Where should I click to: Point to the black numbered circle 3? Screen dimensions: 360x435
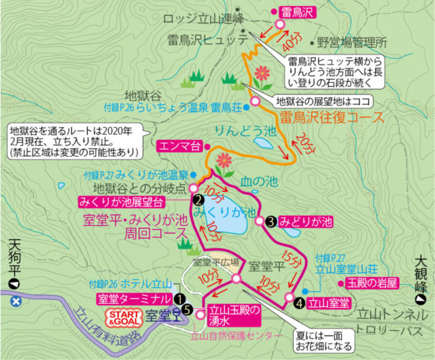[x=270, y=221]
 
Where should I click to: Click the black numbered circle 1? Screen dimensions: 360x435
[x=178, y=298]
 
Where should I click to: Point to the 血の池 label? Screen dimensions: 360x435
[x=260, y=181]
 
